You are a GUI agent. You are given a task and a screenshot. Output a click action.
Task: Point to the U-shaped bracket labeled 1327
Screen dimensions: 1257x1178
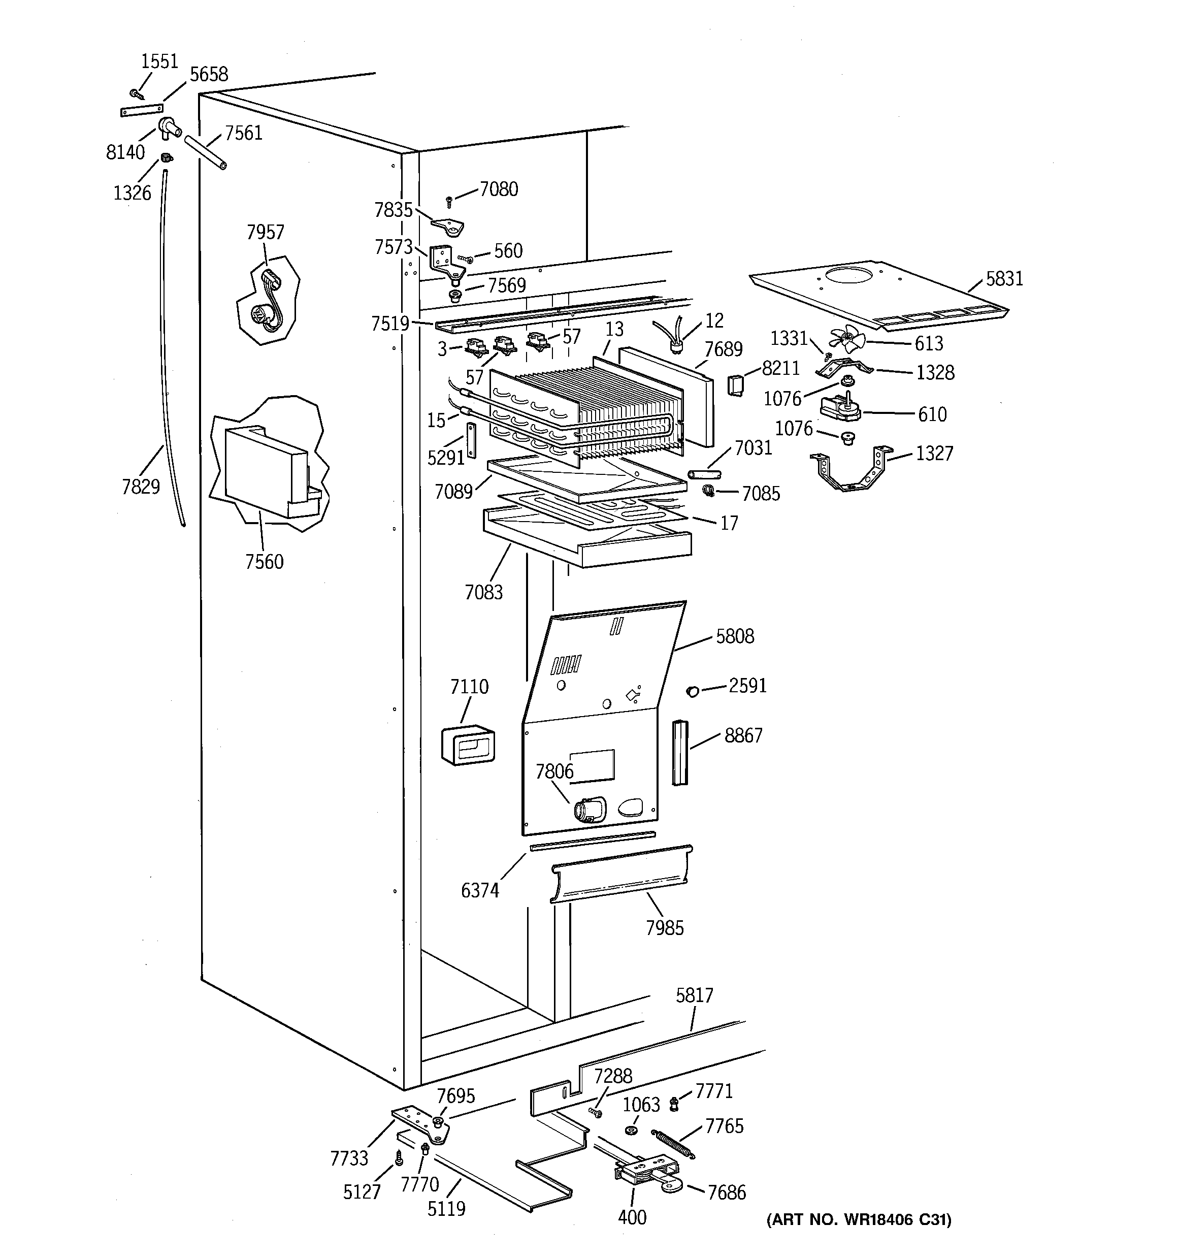click(851, 472)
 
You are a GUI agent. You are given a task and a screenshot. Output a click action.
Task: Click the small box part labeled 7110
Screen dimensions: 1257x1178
click(468, 745)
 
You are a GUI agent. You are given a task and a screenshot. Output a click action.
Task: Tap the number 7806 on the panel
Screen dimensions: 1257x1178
click(554, 771)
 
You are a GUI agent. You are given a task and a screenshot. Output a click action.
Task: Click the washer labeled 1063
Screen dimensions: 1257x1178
click(631, 1130)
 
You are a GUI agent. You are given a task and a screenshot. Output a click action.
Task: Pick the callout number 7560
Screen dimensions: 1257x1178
click(265, 562)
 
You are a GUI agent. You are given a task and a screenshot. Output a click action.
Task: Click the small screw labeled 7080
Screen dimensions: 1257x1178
click(449, 201)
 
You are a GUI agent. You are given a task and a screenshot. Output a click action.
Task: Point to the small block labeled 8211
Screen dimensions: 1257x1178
click(735, 384)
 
